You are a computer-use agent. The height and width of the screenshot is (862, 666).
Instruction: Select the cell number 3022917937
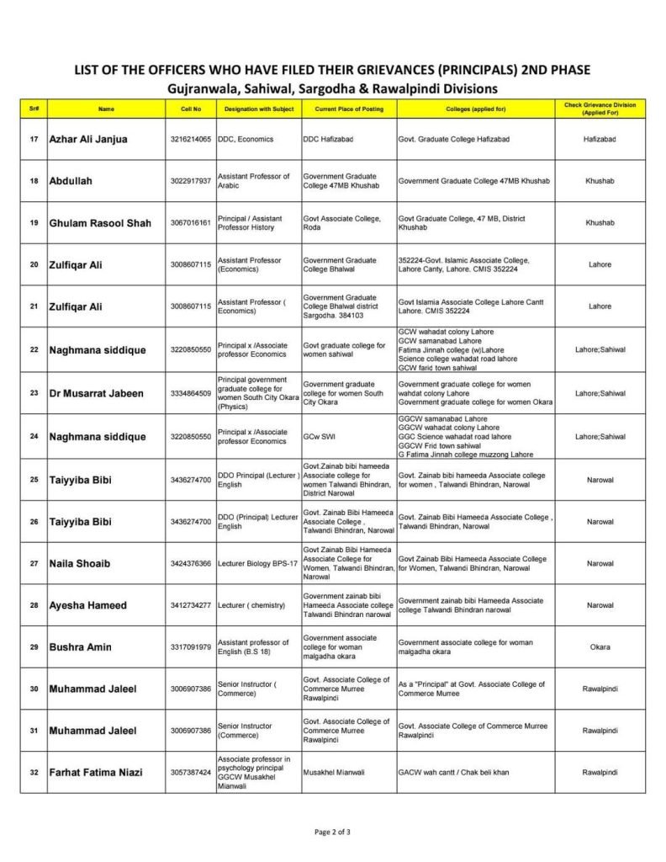(191, 181)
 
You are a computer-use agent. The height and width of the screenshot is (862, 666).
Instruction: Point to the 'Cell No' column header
(191, 109)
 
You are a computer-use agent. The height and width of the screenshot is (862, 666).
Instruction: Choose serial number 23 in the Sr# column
(34, 393)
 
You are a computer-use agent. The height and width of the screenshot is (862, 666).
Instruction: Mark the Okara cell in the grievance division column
(600, 647)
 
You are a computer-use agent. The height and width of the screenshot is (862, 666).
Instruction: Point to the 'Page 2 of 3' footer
(332, 832)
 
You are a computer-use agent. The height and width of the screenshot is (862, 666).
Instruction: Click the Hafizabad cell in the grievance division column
(600, 139)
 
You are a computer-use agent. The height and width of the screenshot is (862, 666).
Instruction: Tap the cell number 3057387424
(191, 773)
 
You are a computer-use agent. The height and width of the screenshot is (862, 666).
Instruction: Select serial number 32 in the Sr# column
(34, 773)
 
